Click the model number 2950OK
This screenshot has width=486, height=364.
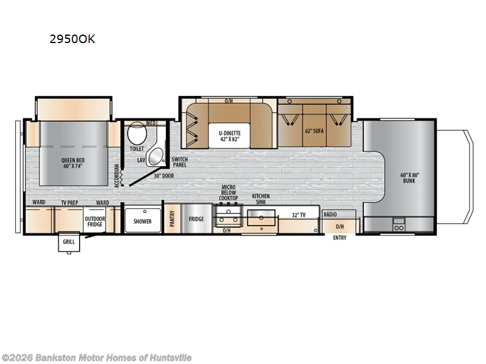point(72,40)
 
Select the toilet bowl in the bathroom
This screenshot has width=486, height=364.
point(137,133)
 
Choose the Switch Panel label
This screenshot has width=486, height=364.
point(180,162)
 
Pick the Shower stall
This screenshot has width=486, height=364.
point(143,221)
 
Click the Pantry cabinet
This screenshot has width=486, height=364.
point(172,219)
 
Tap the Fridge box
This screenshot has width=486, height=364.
point(196,219)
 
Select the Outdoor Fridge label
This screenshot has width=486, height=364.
point(95,221)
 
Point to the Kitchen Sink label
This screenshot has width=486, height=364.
point(261,199)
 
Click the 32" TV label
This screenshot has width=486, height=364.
point(299,215)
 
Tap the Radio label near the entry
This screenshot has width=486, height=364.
point(330,215)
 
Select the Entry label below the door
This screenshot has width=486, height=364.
point(340,238)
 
